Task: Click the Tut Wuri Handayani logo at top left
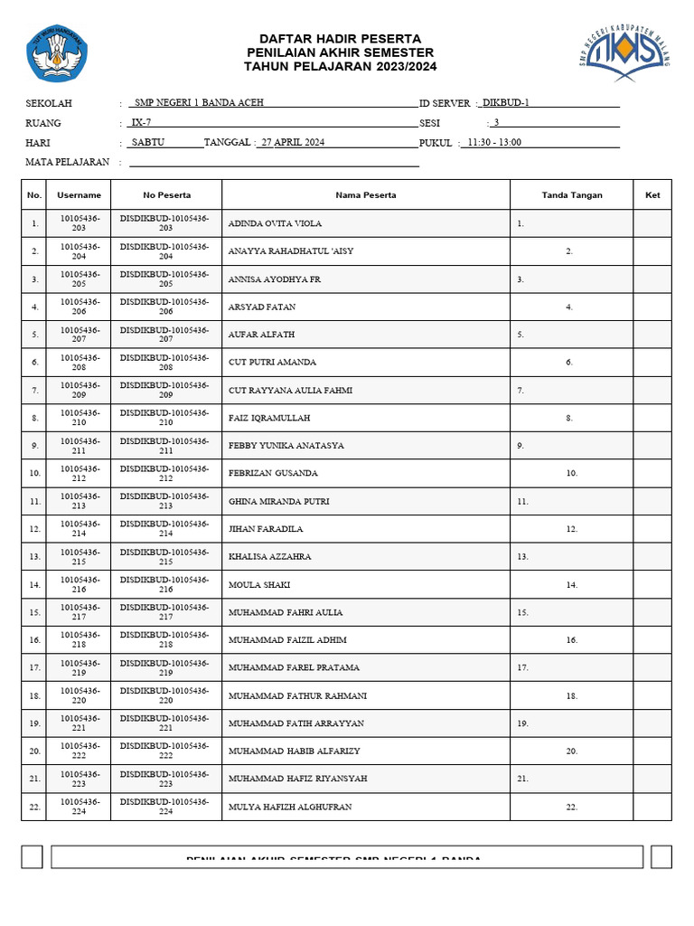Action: point(57,53)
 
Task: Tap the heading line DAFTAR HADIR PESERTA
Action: point(340,38)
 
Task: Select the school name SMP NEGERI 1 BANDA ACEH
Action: point(199,103)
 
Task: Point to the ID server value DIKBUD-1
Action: point(506,103)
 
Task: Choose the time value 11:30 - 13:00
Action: point(494,143)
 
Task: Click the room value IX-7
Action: point(141,123)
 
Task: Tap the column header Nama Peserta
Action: point(366,195)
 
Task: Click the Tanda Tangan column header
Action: point(572,195)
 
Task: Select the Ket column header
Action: point(652,195)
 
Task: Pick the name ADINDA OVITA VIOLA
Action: point(275,223)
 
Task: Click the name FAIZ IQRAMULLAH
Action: point(269,418)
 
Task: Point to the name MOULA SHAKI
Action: point(259,585)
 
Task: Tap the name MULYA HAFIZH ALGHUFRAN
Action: point(290,807)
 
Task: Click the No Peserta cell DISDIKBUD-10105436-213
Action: point(165,501)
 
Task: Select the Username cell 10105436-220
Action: point(80,695)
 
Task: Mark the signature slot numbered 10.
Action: point(572,474)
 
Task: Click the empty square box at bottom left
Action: point(32,856)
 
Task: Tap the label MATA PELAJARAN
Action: point(68,163)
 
